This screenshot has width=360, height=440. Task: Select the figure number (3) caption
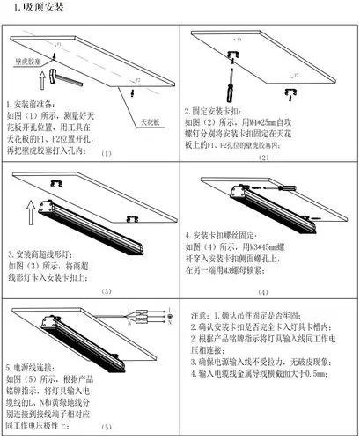[x=107, y=292]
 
